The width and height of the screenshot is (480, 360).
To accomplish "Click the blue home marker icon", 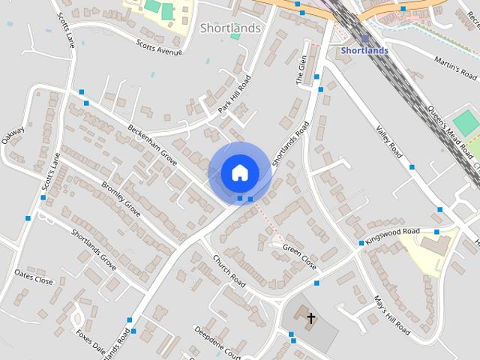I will (239, 172).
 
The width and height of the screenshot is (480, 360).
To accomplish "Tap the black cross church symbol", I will (310, 319).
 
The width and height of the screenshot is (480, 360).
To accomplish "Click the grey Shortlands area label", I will (231, 28).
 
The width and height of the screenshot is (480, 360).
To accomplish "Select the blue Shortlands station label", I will (364, 50).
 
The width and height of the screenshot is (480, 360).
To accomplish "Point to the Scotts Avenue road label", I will (160, 47).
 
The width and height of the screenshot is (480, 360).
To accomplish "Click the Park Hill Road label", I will (235, 94).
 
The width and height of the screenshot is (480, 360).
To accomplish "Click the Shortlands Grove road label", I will (94, 248).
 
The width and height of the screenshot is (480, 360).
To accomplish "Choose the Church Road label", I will (229, 271).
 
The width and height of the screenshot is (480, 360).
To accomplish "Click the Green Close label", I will (299, 256).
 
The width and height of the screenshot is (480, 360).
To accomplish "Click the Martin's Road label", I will (457, 71).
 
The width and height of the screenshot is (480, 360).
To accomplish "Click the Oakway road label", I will (13, 138).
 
